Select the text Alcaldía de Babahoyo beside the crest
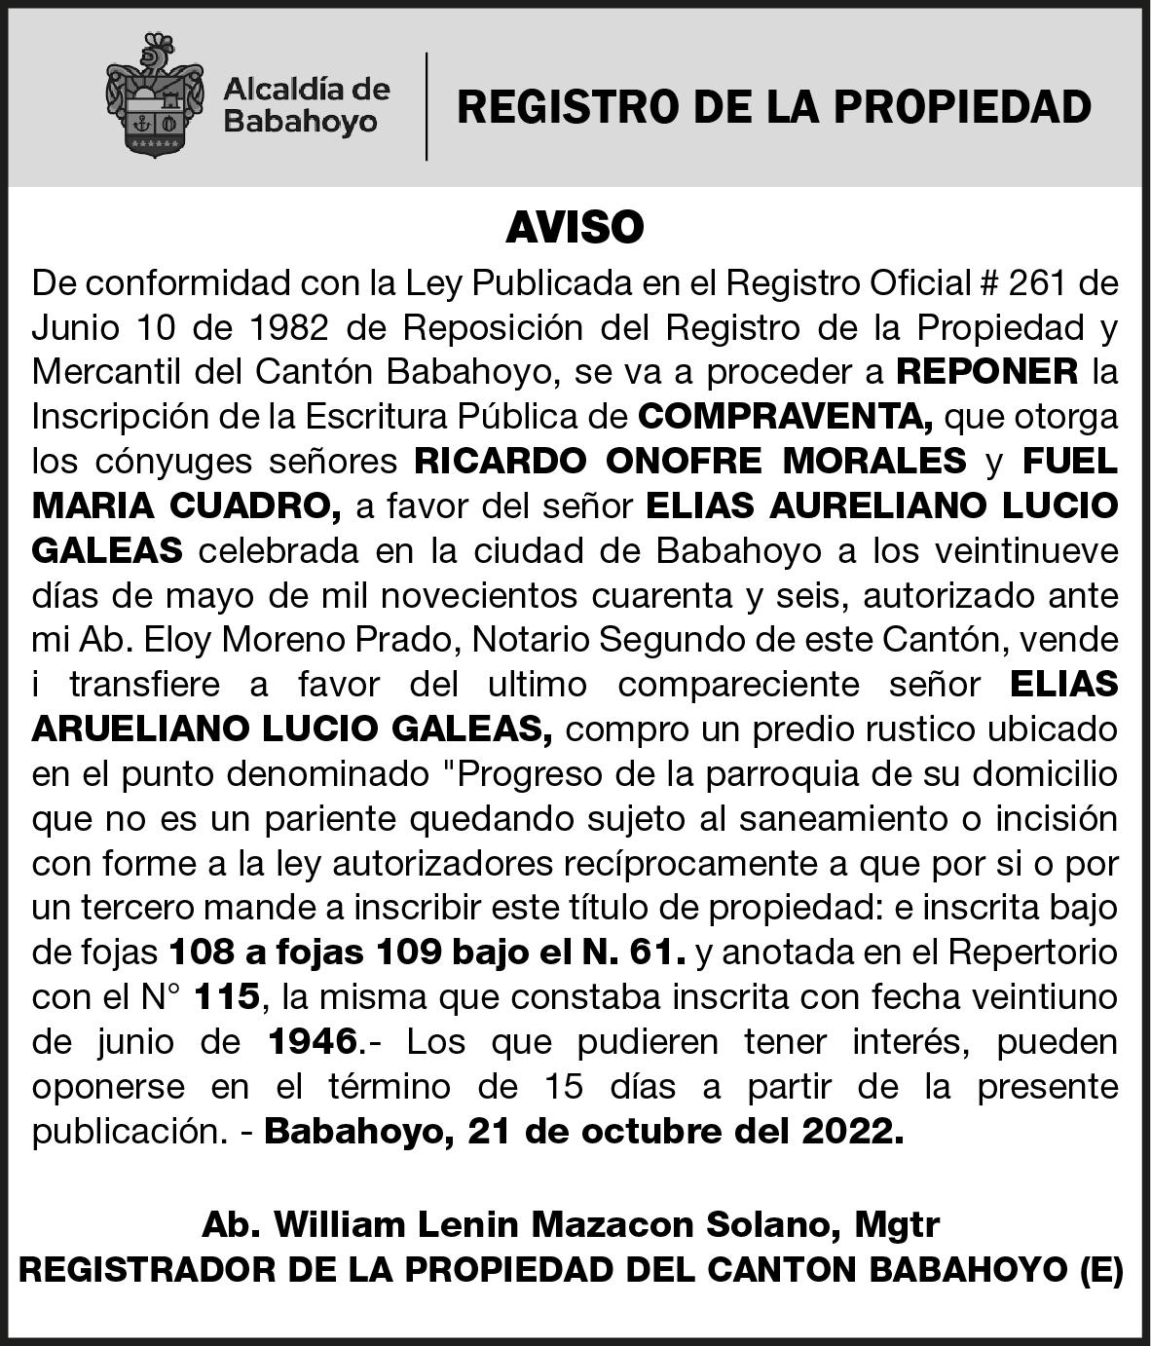pyautogui.click(x=306, y=106)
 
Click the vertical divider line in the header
pyautogui.click(x=427, y=106)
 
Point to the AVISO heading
pyautogui.click(x=575, y=228)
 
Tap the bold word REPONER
pyautogui.click(x=986, y=371)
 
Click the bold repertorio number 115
pyautogui.click(x=227, y=996)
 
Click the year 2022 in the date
pyautogui.click(x=847, y=1131)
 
